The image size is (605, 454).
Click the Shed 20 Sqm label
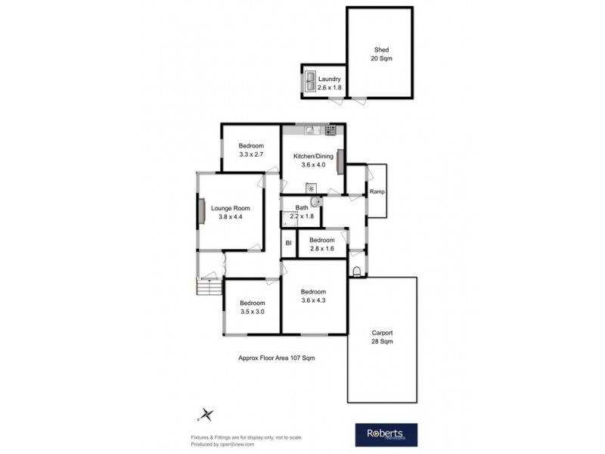click(x=380, y=54)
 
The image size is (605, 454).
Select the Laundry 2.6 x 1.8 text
click(x=329, y=83)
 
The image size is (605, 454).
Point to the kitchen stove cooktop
click(x=330, y=131)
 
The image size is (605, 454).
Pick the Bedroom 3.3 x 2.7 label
click(x=251, y=150)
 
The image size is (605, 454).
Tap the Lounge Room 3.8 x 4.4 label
click(x=230, y=213)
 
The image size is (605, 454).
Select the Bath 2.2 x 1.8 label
click(x=301, y=212)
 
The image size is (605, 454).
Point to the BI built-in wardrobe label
click(x=288, y=244)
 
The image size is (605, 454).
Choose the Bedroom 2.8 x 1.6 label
click(x=321, y=244)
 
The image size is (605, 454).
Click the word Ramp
click(x=377, y=191)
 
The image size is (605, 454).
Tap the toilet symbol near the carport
click(x=357, y=271)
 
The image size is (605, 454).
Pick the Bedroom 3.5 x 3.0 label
click(x=253, y=307)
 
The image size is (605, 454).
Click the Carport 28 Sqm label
click(x=381, y=337)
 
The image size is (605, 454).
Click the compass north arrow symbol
click(x=208, y=414)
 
